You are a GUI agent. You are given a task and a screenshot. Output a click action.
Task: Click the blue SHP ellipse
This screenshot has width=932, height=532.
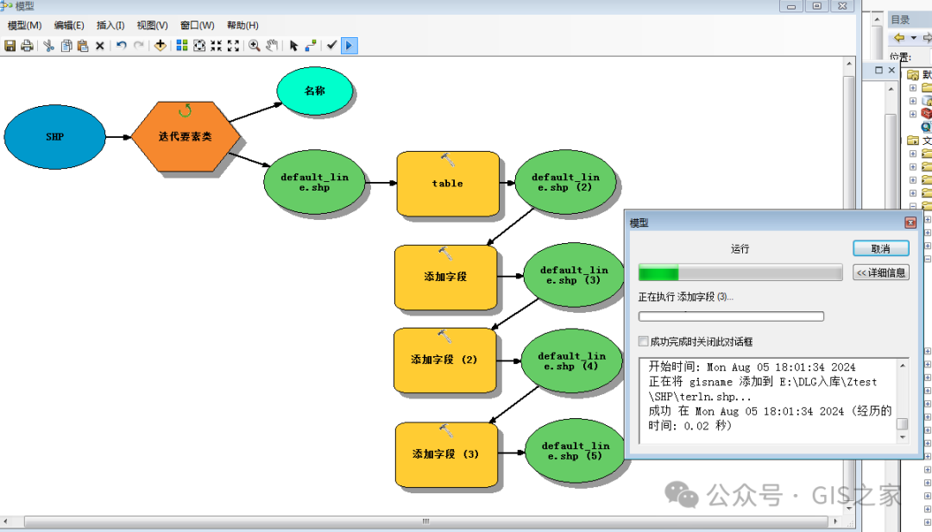coord(54,136)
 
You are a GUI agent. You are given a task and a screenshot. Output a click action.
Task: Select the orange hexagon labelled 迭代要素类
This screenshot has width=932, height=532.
coord(186,136)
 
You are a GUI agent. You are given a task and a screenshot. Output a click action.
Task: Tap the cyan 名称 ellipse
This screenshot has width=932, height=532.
coord(315,91)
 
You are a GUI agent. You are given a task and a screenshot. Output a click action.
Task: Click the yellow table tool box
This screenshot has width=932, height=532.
coord(448,184)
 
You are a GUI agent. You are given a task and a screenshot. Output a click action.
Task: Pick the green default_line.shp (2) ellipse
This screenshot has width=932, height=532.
coord(565,182)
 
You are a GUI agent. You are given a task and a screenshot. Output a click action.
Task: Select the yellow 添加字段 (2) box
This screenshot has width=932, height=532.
coord(444,360)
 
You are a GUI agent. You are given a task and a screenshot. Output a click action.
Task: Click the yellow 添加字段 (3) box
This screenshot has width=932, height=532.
coord(446,454)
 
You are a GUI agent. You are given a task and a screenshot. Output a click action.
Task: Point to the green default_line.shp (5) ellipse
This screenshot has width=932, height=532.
coord(574,451)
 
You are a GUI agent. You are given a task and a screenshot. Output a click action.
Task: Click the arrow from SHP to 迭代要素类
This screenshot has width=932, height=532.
coord(118,137)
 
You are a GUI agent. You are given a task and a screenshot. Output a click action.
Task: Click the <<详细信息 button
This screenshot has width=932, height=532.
coord(881,272)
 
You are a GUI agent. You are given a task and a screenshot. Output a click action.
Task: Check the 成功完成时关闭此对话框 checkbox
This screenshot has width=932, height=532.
coord(643,341)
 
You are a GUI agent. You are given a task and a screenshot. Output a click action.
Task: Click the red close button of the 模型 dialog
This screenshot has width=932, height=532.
coord(910,222)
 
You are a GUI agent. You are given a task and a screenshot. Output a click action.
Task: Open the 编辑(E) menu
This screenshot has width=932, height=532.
coord(69,26)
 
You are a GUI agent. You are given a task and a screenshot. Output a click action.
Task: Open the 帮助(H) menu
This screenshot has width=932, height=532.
coord(242,26)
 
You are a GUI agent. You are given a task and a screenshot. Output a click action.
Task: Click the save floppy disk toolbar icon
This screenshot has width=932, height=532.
coord(10,46)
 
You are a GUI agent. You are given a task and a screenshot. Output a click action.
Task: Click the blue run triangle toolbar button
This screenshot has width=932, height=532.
coord(349,46)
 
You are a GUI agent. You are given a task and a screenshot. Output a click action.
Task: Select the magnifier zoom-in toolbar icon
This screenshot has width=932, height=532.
coord(255,46)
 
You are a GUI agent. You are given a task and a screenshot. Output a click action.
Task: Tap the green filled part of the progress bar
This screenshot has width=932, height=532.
coord(658,273)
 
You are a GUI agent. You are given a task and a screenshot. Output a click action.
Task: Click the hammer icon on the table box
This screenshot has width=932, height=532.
coord(448,160)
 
